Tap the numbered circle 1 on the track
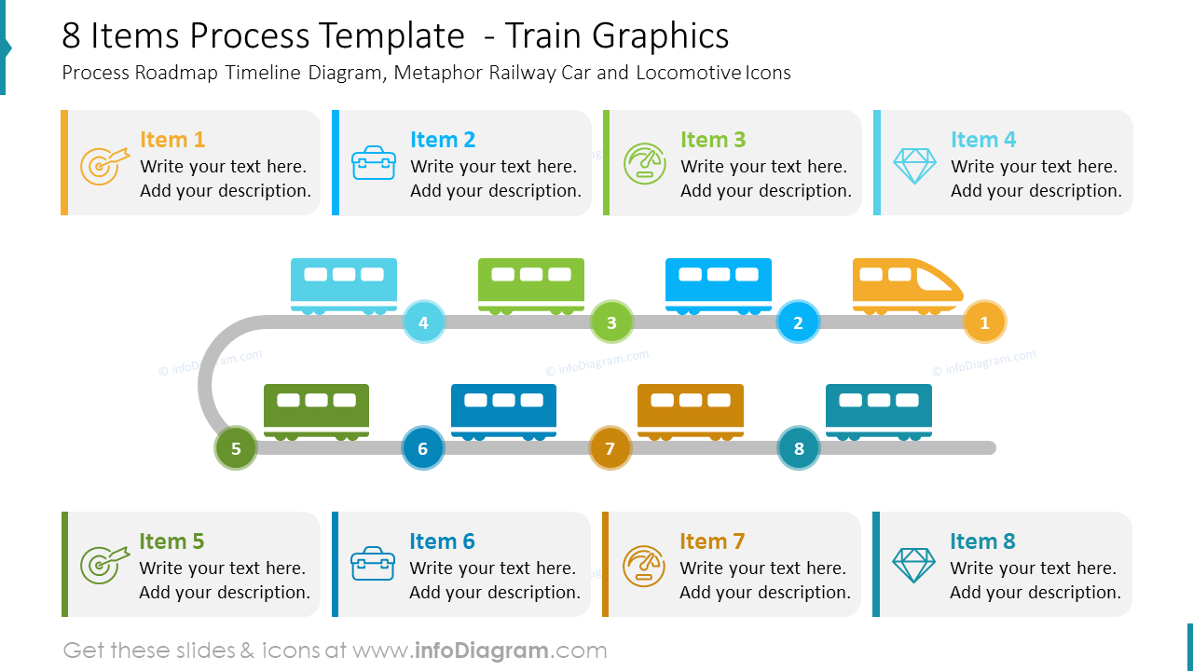click(x=984, y=322)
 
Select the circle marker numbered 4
click(x=423, y=322)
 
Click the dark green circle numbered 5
click(x=236, y=448)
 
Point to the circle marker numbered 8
click(x=799, y=448)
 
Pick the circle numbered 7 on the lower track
click(x=610, y=448)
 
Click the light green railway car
click(x=531, y=284)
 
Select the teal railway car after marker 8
click(x=878, y=410)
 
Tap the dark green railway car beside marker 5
click(x=317, y=410)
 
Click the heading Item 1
click(x=172, y=140)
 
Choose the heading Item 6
click(x=442, y=541)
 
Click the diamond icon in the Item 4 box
click(x=914, y=165)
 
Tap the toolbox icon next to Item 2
click(x=374, y=163)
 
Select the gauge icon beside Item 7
click(x=643, y=566)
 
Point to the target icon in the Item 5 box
click(x=103, y=566)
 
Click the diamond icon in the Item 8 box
click(x=913, y=566)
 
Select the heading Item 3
click(x=713, y=140)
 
